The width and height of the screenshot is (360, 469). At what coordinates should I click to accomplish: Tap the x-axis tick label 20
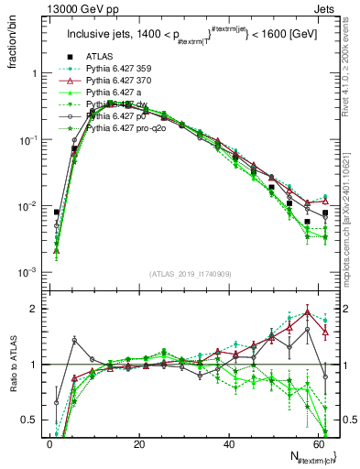click(x=139, y=442)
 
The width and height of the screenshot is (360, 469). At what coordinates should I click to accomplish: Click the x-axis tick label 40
click(x=229, y=442)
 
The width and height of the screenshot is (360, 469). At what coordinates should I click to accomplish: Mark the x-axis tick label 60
click(x=318, y=442)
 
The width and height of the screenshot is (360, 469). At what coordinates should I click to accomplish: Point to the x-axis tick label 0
click(x=49, y=442)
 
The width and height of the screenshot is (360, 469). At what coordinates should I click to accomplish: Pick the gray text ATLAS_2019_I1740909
click(x=190, y=274)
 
